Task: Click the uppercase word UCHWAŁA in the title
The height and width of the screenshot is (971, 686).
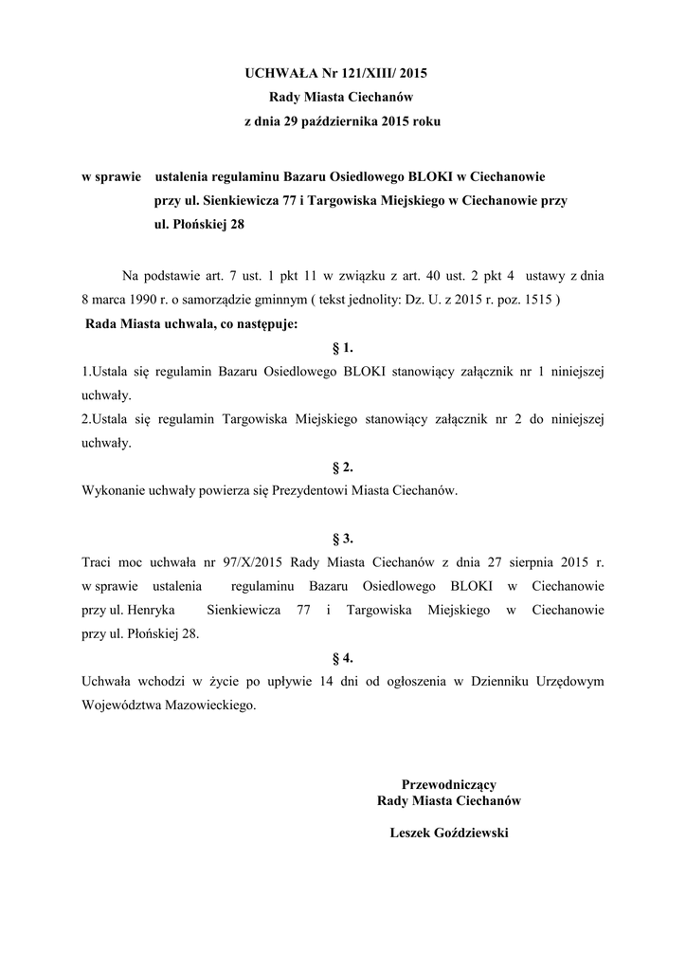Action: coord(277,71)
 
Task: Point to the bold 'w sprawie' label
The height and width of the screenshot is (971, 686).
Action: coord(110,176)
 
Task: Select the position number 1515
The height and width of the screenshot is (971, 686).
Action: coord(536,300)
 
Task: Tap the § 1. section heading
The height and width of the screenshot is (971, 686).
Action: coord(343,348)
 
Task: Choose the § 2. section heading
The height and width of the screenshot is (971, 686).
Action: coord(343,467)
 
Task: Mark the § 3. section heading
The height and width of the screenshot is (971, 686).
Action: coord(343,539)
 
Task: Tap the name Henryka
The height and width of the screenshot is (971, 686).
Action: coord(154,611)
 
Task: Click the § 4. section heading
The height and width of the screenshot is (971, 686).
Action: coord(343,657)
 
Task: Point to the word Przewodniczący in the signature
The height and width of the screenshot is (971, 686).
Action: coord(449,784)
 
